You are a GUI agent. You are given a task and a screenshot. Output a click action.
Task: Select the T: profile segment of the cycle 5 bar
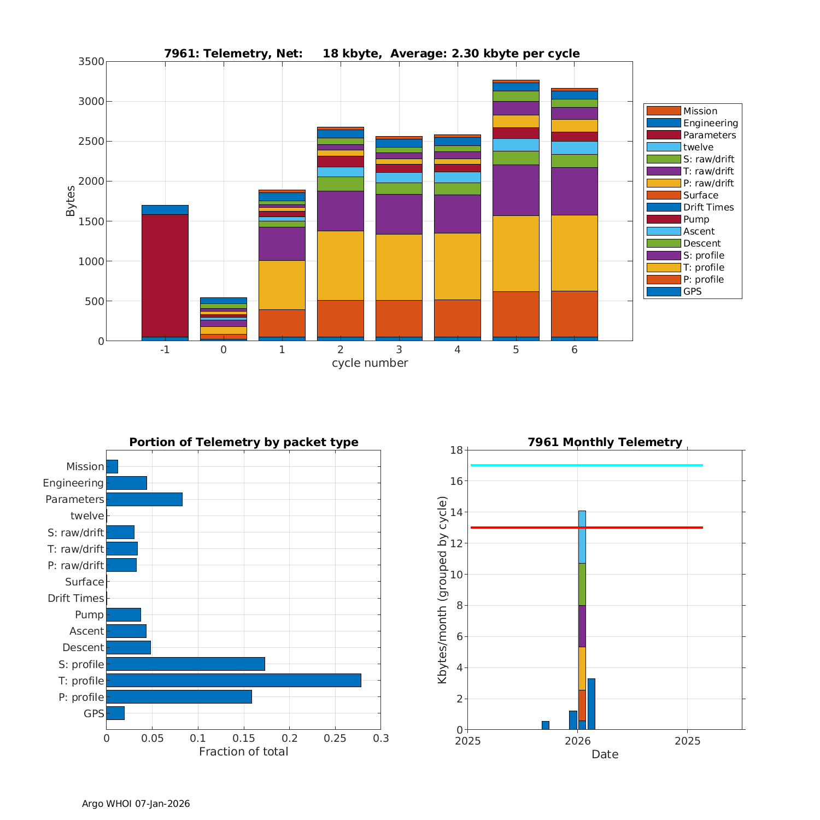click(x=516, y=253)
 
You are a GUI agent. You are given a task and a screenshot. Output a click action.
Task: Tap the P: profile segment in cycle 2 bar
click(x=340, y=318)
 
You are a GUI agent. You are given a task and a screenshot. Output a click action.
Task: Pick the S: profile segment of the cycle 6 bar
click(x=574, y=191)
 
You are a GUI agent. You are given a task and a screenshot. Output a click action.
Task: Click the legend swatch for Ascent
click(x=663, y=231)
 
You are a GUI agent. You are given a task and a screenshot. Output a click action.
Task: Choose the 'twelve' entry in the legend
click(x=698, y=147)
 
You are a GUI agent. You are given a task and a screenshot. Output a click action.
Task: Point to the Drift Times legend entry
click(x=708, y=207)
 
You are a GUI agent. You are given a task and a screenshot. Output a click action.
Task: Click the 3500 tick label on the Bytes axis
click(x=91, y=61)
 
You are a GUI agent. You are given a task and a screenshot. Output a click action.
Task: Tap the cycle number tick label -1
click(x=165, y=350)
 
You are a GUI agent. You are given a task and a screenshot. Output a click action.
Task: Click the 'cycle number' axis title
click(x=370, y=363)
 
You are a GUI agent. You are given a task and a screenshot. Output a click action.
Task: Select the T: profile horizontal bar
click(x=233, y=680)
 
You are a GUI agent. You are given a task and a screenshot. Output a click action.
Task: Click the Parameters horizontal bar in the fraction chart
click(x=144, y=499)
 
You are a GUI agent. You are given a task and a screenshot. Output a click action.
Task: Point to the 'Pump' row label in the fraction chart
click(x=89, y=614)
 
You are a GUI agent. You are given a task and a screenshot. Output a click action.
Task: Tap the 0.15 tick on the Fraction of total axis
click(x=244, y=739)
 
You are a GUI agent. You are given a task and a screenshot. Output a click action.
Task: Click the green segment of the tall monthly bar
click(x=582, y=584)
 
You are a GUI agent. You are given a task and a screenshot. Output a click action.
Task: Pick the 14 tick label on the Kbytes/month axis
click(x=457, y=512)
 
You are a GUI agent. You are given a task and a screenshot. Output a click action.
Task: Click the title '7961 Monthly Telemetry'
click(x=605, y=442)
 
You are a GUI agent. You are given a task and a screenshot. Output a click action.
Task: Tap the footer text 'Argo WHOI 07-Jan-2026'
click(x=136, y=804)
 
